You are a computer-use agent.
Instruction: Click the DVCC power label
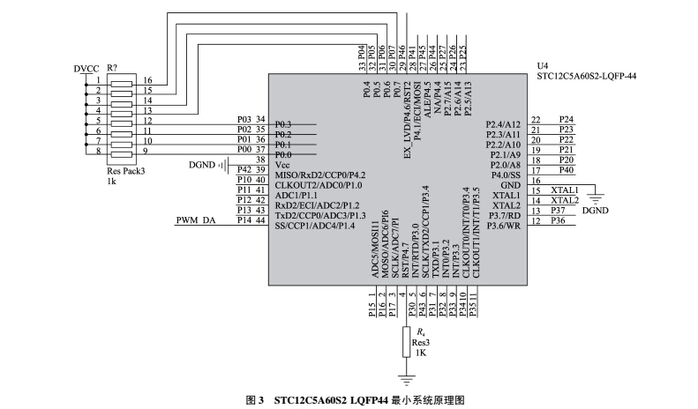[86, 68]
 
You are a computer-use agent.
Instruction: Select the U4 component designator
[542, 66]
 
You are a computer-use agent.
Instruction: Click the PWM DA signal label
[196, 220]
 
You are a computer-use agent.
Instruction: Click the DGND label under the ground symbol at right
[597, 212]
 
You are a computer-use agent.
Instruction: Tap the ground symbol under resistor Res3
[407, 379]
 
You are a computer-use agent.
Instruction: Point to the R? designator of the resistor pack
[112, 68]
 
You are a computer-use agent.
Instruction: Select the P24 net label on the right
[567, 119]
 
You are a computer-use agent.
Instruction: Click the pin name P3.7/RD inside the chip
[506, 215]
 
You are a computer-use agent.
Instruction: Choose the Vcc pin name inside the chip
[283, 165]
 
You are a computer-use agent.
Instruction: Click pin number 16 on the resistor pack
[148, 80]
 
